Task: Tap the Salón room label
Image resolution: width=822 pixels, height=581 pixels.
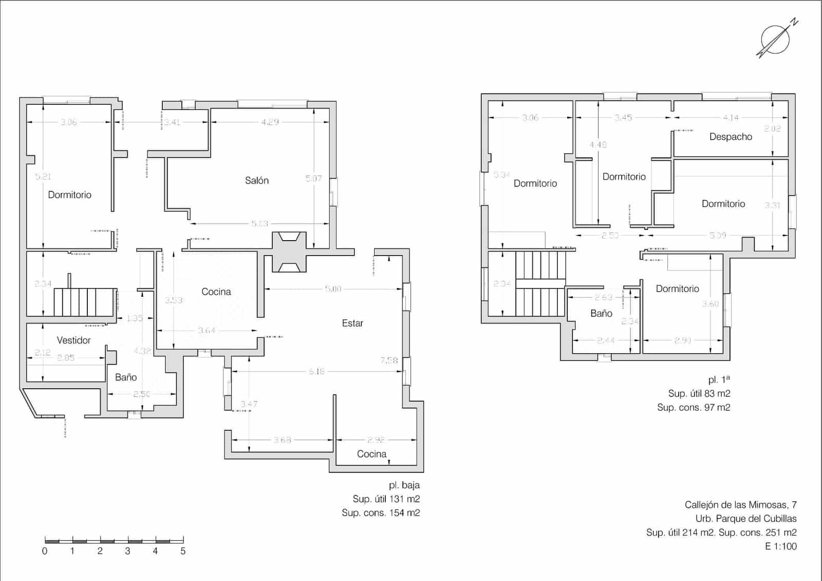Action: (256, 180)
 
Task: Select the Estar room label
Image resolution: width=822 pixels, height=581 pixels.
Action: (352, 323)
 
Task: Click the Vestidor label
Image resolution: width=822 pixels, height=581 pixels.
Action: (73, 340)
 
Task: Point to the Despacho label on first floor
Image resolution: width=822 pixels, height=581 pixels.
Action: (731, 137)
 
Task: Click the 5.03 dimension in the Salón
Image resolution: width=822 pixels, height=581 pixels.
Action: (259, 224)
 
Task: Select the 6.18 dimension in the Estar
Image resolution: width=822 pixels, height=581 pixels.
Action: (316, 371)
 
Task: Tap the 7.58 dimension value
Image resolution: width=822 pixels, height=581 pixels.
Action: (389, 360)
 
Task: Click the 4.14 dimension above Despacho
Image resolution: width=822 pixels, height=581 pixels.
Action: (731, 118)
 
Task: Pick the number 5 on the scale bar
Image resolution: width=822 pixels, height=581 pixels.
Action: (183, 551)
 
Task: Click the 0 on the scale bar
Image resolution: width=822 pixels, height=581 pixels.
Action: (45, 551)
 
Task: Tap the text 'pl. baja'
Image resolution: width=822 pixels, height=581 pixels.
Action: (404, 485)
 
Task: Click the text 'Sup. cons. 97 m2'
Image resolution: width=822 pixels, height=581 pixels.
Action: (694, 407)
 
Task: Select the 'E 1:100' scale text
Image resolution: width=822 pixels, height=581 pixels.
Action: (780, 546)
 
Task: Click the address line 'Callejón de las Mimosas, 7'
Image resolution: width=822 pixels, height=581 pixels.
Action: (740, 505)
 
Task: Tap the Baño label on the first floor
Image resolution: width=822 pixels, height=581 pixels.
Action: (601, 313)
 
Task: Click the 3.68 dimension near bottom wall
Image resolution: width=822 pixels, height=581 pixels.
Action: (282, 440)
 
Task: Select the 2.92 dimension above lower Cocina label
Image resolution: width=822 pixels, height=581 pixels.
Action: (376, 440)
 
